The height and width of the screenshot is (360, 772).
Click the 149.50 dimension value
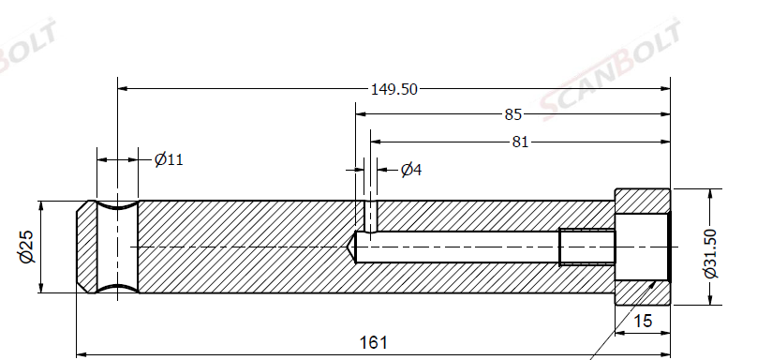(x=393, y=89)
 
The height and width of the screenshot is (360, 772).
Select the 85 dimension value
(x=512, y=114)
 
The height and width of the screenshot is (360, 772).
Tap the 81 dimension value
(x=520, y=142)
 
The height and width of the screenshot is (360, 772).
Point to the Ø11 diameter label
(x=169, y=159)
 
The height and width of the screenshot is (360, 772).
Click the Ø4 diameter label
(x=411, y=170)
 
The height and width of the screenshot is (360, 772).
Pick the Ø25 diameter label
(x=26, y=247)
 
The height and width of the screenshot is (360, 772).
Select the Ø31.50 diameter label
(x=711, y=254)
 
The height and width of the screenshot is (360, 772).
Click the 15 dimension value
(x=643, y=322)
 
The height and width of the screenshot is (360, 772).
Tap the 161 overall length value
(x=373, y=342)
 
